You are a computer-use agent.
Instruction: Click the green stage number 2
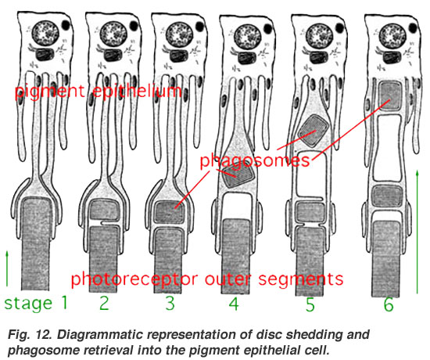coord(104,303)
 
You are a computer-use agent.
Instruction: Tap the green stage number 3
coord(170,303)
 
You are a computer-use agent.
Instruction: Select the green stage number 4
coord(234,304)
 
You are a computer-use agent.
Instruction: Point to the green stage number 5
coord(310,304)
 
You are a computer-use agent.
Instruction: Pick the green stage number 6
coord(389,304)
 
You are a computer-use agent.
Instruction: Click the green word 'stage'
coord(28,304)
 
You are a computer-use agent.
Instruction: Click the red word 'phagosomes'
coord(255,160)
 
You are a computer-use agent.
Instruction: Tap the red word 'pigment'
coord(50,91)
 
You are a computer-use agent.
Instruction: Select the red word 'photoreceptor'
coord(134,279)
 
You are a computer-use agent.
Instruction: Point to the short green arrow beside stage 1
coord(7,268)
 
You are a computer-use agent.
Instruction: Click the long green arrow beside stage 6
coord(417,232)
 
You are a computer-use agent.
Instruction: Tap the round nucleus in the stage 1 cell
coord(45,34)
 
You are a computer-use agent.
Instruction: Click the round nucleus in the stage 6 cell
coord(392,36)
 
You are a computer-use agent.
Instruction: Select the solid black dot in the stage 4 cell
coord(267,28)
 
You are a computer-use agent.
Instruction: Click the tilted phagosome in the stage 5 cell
coord(314,131)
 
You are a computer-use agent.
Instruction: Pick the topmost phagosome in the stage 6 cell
coord(389,95)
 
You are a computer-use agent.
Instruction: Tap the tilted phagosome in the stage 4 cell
coord(238,176)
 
